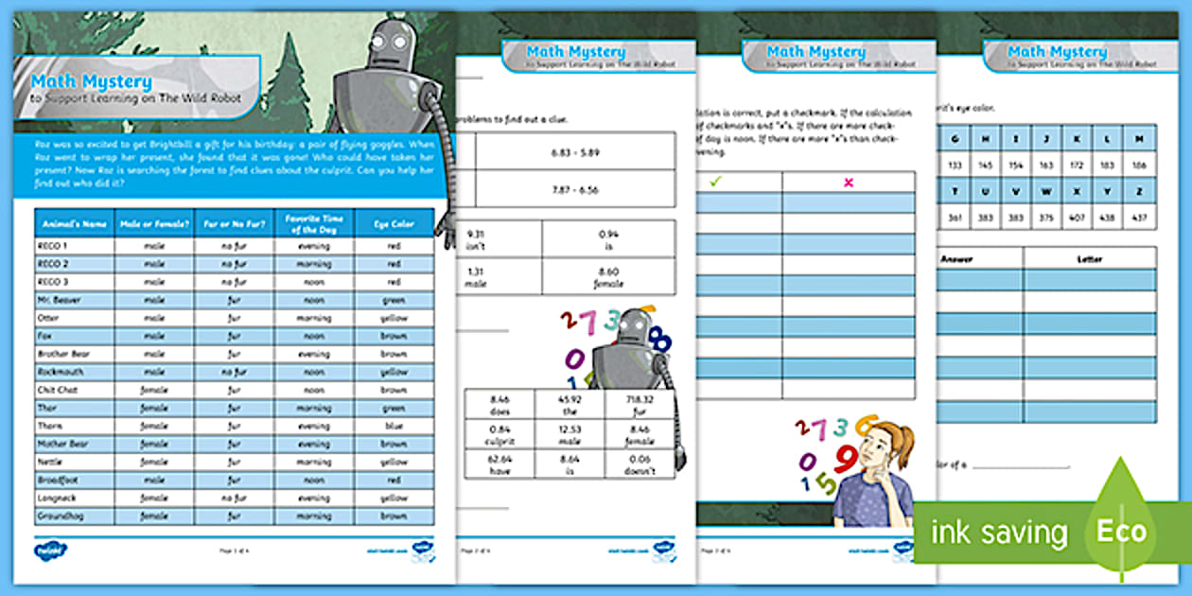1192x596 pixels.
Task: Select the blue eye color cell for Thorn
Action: (394, 426)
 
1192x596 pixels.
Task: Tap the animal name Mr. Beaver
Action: (74, 300)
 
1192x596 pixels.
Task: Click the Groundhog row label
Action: (74, 517)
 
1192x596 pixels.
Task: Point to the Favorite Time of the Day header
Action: (313, 222)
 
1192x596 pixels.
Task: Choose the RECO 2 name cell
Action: (74, 264)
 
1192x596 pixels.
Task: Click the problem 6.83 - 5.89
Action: (575, 151)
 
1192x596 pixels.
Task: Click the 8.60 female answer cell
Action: (608, 275)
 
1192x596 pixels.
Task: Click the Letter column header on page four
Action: (1089, 257)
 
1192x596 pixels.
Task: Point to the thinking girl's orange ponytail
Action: (903, 439)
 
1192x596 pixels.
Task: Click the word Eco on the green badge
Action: (1121, 531)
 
